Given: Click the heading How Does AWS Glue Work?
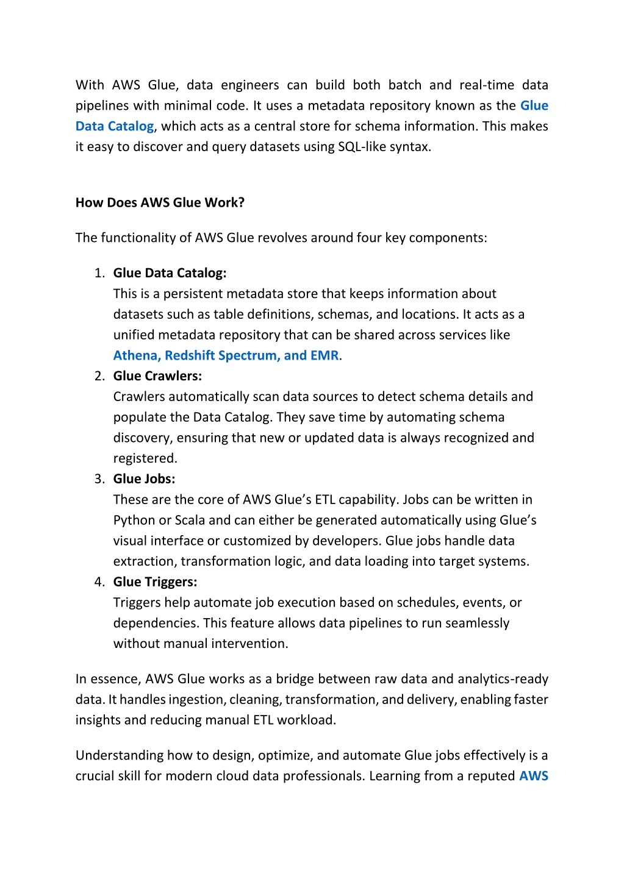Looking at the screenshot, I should coord(160,203).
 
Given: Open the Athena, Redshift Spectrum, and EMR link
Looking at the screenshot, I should coord(226,355).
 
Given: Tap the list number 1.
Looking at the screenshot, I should coord(99,273).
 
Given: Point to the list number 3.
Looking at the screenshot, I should coord(99,479).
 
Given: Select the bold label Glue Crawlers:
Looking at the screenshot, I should coord(157,376).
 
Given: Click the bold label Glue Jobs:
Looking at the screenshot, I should coord(144,479).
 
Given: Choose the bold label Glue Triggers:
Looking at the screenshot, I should coord(155,582).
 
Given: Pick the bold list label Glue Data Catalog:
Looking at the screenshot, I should coord(170,273).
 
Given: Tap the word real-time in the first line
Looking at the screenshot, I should coord(487,85).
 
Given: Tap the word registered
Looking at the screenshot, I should coord(145,458).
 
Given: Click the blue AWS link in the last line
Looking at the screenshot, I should coord(534,776).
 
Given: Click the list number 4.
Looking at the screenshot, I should coord(99,582).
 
